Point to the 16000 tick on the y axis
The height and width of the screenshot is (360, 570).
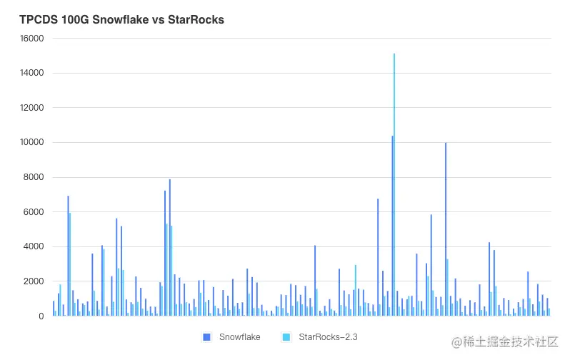pos(31,39)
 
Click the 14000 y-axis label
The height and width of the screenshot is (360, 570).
pos(31,73)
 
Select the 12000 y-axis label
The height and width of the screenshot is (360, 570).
pos(31,108)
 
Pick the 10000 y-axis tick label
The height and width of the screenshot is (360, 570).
pos(31,143)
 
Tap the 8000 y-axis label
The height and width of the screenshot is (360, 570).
pos(34,177)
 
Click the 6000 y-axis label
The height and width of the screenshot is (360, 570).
pos(34,212)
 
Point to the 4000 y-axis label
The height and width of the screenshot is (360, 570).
pos(34,246)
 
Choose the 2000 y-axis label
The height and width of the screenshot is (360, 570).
pos(34,281)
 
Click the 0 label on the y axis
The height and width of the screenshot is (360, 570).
pos(41,316)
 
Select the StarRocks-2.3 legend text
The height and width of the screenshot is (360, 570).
pos(327,336)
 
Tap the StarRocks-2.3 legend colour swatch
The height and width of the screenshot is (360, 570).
pos(286,336)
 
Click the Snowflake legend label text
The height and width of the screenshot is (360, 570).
pos(239,336)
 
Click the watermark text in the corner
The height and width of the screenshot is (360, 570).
pos(503,344)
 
